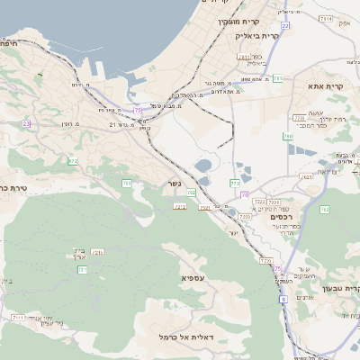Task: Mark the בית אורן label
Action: pos(77,255)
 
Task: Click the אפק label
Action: pos(343,24)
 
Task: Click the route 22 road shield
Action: pos(284,26)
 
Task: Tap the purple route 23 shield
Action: pos(27,123)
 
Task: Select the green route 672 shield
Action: pos(73,161)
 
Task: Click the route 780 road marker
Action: pos(287,137)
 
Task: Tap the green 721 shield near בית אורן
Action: pos(98,253)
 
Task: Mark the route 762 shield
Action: pos(324,209)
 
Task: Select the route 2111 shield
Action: pos(18,318)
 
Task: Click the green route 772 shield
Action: pos(234,183)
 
